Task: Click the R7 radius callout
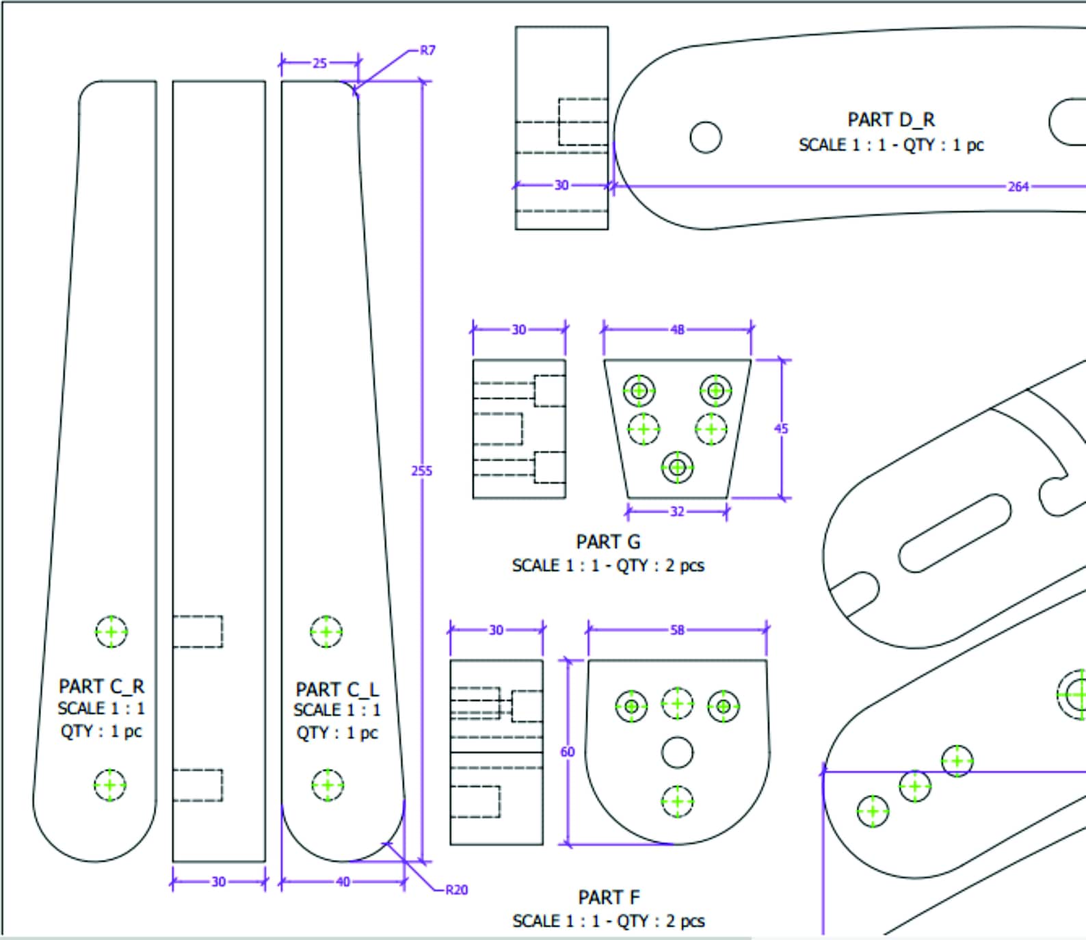point(427,51)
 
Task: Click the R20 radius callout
point(456,890)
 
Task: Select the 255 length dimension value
point(421,471)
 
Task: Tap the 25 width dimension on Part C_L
point(319,63)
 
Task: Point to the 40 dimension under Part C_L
point(343,882)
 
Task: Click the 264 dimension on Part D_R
point(1018,186)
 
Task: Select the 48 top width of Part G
point(677,330)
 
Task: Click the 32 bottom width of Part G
point(676,512)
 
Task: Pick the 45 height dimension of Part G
point(781,429)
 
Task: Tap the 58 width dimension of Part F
point(676,629)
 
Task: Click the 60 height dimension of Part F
point(567,752)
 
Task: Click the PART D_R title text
point(890,120)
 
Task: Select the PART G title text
point(608,542)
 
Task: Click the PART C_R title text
point(101,686)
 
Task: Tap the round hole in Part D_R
point(705,138)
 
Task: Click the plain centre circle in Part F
point(677,753)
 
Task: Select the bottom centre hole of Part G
point(677,467)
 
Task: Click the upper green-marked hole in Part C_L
point(326,631)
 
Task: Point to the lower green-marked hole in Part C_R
point(110,785)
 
